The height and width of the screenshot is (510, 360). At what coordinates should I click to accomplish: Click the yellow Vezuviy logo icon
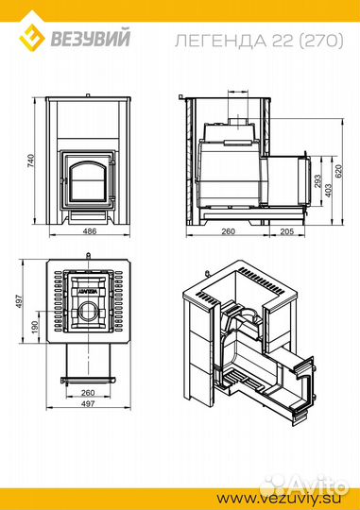(31, 37)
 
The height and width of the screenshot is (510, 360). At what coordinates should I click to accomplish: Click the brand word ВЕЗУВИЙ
(90, 38)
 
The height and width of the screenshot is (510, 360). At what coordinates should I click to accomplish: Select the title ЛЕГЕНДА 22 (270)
(259, 41)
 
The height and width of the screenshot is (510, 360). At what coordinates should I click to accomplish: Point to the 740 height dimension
(30, 161)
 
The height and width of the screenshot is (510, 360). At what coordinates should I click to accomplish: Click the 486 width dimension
(90, 231)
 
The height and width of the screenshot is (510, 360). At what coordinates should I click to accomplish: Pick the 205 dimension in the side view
(286, 231)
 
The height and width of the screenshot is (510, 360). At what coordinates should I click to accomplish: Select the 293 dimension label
(317, 181)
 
